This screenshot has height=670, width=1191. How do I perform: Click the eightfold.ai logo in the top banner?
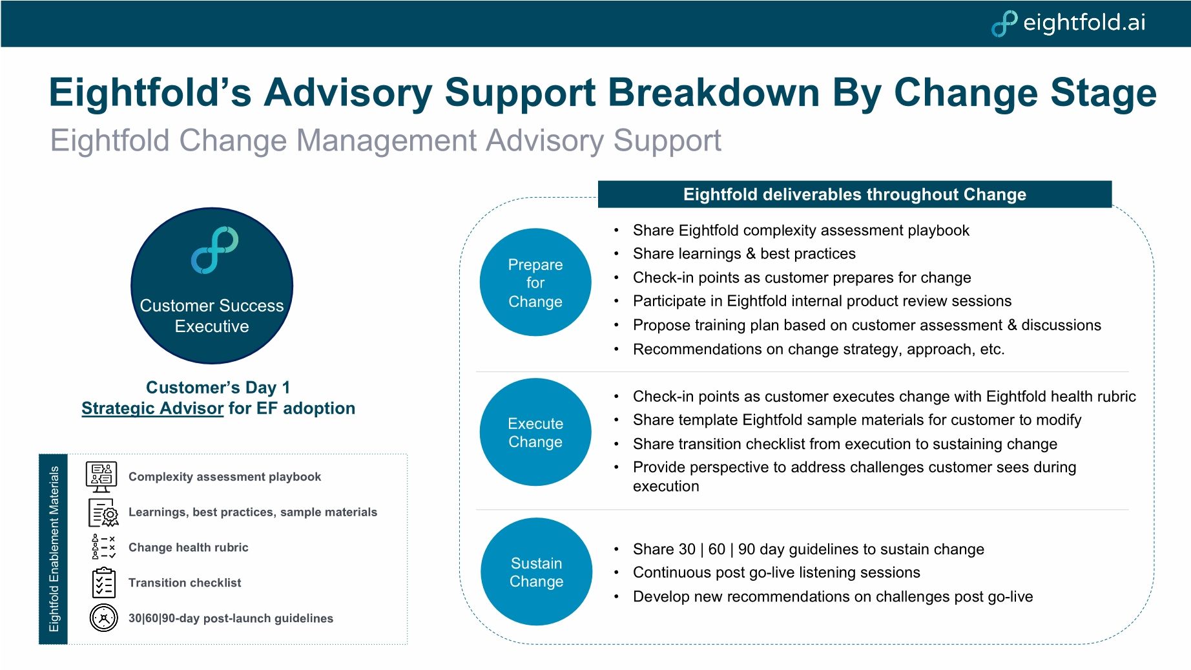tap(1069, 23)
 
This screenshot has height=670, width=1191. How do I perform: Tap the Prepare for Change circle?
tap(535, 282)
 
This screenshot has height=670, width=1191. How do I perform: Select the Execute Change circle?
tap(535, 432)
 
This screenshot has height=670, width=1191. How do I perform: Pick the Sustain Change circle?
tap(536, 572)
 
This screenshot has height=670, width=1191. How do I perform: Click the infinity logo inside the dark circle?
tap(214, 250)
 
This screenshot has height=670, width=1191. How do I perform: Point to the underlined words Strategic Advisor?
tap(152, 408)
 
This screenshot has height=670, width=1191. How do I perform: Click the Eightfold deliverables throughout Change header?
tap(854, 194)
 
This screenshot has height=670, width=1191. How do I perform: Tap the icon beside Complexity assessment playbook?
tap(101, 477)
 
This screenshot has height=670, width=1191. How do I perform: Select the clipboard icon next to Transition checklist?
tap(103, 583)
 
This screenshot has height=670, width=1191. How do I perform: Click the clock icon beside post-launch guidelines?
tap(103, 618)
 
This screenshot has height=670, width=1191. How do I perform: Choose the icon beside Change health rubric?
tap(103, 547)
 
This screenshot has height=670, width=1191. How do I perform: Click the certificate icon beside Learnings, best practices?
tap(103, 512)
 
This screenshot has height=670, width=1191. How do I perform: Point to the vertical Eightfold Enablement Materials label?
tap(54, 549)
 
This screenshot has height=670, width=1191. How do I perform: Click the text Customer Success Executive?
tap(212, 316)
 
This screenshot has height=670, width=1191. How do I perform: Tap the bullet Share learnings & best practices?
tap(743, 254)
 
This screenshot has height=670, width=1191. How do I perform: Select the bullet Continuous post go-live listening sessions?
tap(776, 572)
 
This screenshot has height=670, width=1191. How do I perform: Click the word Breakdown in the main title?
tap(713, 92)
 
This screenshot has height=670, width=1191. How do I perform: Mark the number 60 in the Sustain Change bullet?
tap(716, 549)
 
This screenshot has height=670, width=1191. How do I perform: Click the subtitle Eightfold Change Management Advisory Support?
tap(386, 140)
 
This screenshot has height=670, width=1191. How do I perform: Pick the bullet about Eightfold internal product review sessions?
tap(822, 301)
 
